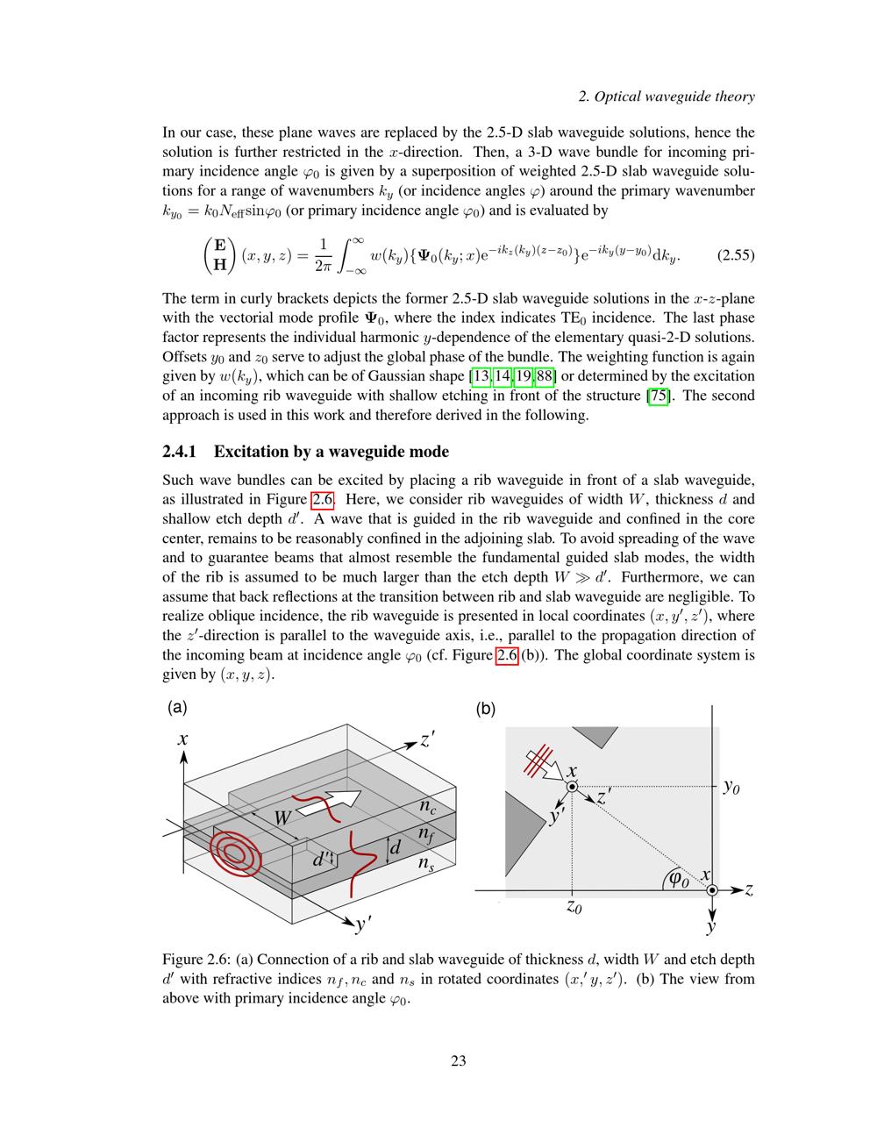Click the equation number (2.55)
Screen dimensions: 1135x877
(736, 256)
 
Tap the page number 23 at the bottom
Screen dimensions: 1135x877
(458, 1061)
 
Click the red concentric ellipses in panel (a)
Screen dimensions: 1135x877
(234, 851)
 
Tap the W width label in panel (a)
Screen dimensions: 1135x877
(282, 818)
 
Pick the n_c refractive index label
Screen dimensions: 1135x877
(427, 805)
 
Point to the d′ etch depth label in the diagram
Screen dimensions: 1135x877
(323, 859)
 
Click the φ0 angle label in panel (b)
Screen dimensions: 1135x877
(679, 877)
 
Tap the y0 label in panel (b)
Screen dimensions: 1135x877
(731, 787)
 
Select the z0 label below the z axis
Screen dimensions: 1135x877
(573, 907)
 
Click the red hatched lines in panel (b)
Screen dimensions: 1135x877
(538, 759)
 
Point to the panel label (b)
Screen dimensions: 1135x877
(485, 709)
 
